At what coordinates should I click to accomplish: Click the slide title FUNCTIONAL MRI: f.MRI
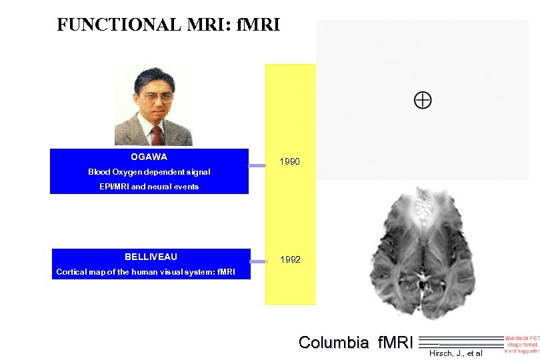(169, 25)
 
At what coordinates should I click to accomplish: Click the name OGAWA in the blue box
(149, 157)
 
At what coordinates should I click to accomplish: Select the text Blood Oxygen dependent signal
(149, 172)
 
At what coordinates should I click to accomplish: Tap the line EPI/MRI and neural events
(149, 187)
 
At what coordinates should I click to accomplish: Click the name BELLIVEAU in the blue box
(151, 257)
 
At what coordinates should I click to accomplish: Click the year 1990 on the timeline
(289, 162)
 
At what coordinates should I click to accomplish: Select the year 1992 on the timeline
(289, 259)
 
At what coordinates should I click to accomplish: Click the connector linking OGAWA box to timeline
(257, 165)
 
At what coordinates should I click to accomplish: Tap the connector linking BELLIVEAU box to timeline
(258, 261)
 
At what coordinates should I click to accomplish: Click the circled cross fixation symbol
(423, 101)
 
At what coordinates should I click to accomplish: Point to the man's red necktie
(157, 135)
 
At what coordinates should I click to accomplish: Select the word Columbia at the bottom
(333, 343)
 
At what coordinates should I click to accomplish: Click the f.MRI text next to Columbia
(395, 343)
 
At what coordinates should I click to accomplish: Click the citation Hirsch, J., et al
(455, 353)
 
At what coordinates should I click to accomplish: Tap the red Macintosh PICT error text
(521, 343)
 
